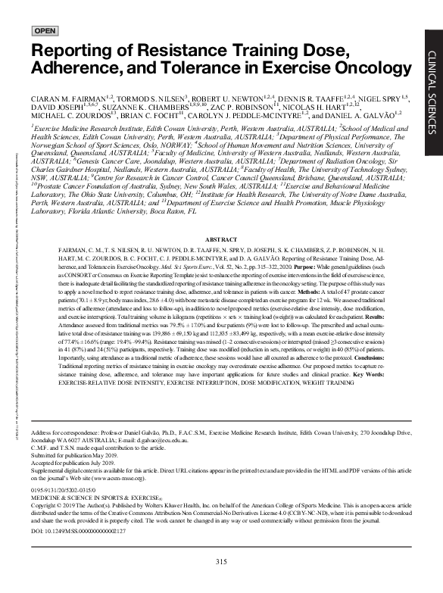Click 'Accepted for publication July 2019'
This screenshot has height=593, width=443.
(x=80, y=463)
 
